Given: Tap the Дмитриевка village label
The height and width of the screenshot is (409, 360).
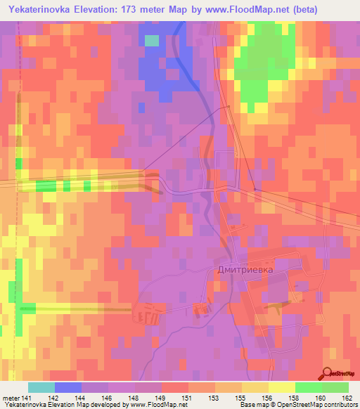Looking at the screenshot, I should (243, 268).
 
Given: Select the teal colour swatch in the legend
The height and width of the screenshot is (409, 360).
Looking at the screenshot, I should (41, 387).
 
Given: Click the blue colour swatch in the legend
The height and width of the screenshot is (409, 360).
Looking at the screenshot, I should (67, 387).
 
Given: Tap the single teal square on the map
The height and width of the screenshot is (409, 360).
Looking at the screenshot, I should (152, 40).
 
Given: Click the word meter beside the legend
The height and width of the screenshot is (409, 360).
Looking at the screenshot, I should (11, 397).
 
